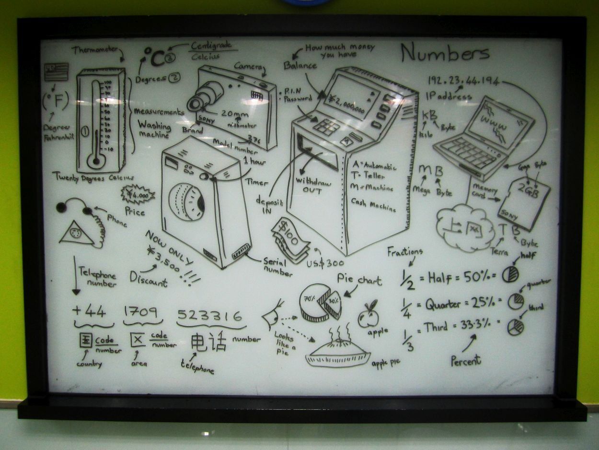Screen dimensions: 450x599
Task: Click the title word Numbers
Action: (x=445, y=53)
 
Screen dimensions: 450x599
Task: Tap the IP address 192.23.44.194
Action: (x=462, y=81)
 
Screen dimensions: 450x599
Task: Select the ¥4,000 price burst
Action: (x=138, y=195)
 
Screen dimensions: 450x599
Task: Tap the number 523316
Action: (x=210, y=315)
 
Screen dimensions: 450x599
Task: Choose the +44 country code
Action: (x=89, y=311)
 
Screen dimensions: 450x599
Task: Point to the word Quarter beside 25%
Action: (x=443, y=304)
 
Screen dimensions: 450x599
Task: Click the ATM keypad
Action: (x=326, y=126)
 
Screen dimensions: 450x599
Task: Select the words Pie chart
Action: (x=359, y=279)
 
